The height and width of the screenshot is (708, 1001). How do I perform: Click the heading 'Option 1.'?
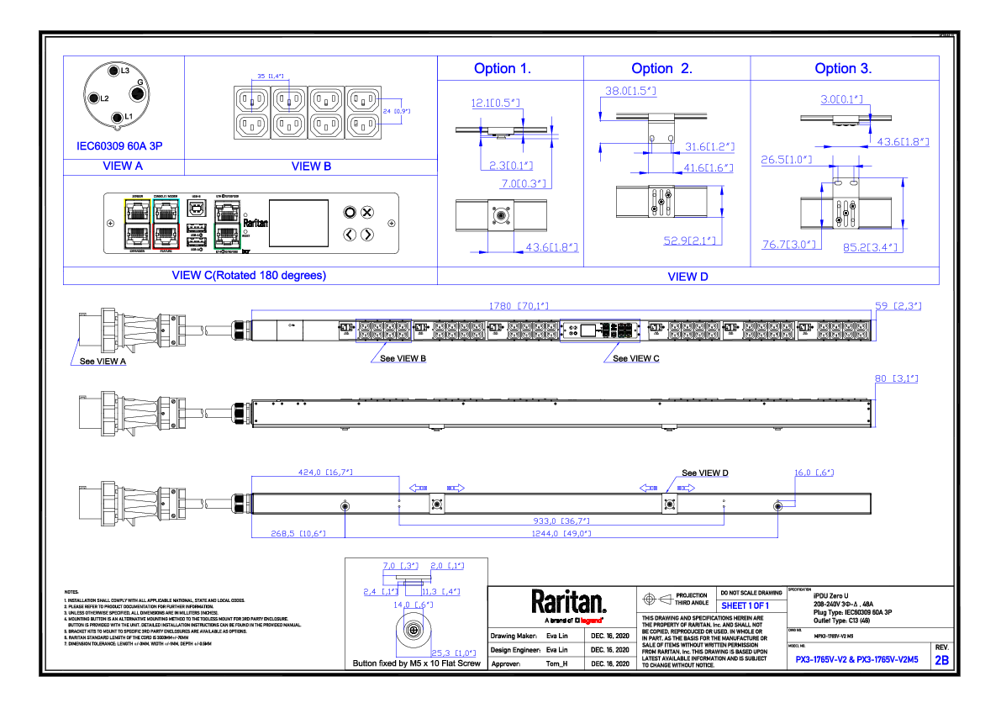(x=502, y=69)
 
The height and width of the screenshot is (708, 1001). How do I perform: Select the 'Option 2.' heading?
(x=661, y=69)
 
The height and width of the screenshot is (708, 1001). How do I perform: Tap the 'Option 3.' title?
(x=843, y=69)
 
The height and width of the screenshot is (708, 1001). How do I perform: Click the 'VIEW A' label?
(x=123, y=166)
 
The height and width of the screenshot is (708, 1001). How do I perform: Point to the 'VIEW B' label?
(x=311, y=166)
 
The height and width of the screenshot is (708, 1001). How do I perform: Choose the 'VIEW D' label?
(x=688, y=277)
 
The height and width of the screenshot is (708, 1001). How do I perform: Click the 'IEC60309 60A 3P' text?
(x=119, y=147)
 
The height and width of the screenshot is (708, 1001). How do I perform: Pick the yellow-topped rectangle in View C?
(x=137, y=224)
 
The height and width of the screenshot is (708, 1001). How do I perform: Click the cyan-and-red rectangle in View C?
(x=166, y=224)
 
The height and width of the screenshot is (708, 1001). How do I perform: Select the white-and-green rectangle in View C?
(x=227, y=225)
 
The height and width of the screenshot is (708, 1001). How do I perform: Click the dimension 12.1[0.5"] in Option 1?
(x=495, y=103)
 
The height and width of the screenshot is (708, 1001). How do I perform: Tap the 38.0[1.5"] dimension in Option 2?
(x=630, y=92)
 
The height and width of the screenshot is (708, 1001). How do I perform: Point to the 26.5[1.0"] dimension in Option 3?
(x=786, y=160)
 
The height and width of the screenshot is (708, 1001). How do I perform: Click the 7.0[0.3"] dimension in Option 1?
(x=524, y=184)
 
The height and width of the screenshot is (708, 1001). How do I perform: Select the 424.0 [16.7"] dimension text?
(x=325, y=473)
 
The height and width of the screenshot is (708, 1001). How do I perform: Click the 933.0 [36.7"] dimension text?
(x=561, y=521)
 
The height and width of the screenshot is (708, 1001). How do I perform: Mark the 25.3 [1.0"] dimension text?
(x=453, y=653)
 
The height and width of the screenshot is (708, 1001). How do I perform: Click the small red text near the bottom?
(x=591, y=621)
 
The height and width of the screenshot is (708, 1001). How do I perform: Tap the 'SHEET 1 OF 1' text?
(x=745, y=605)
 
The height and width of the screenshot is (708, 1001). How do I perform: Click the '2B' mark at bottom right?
(x=942, y=661)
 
